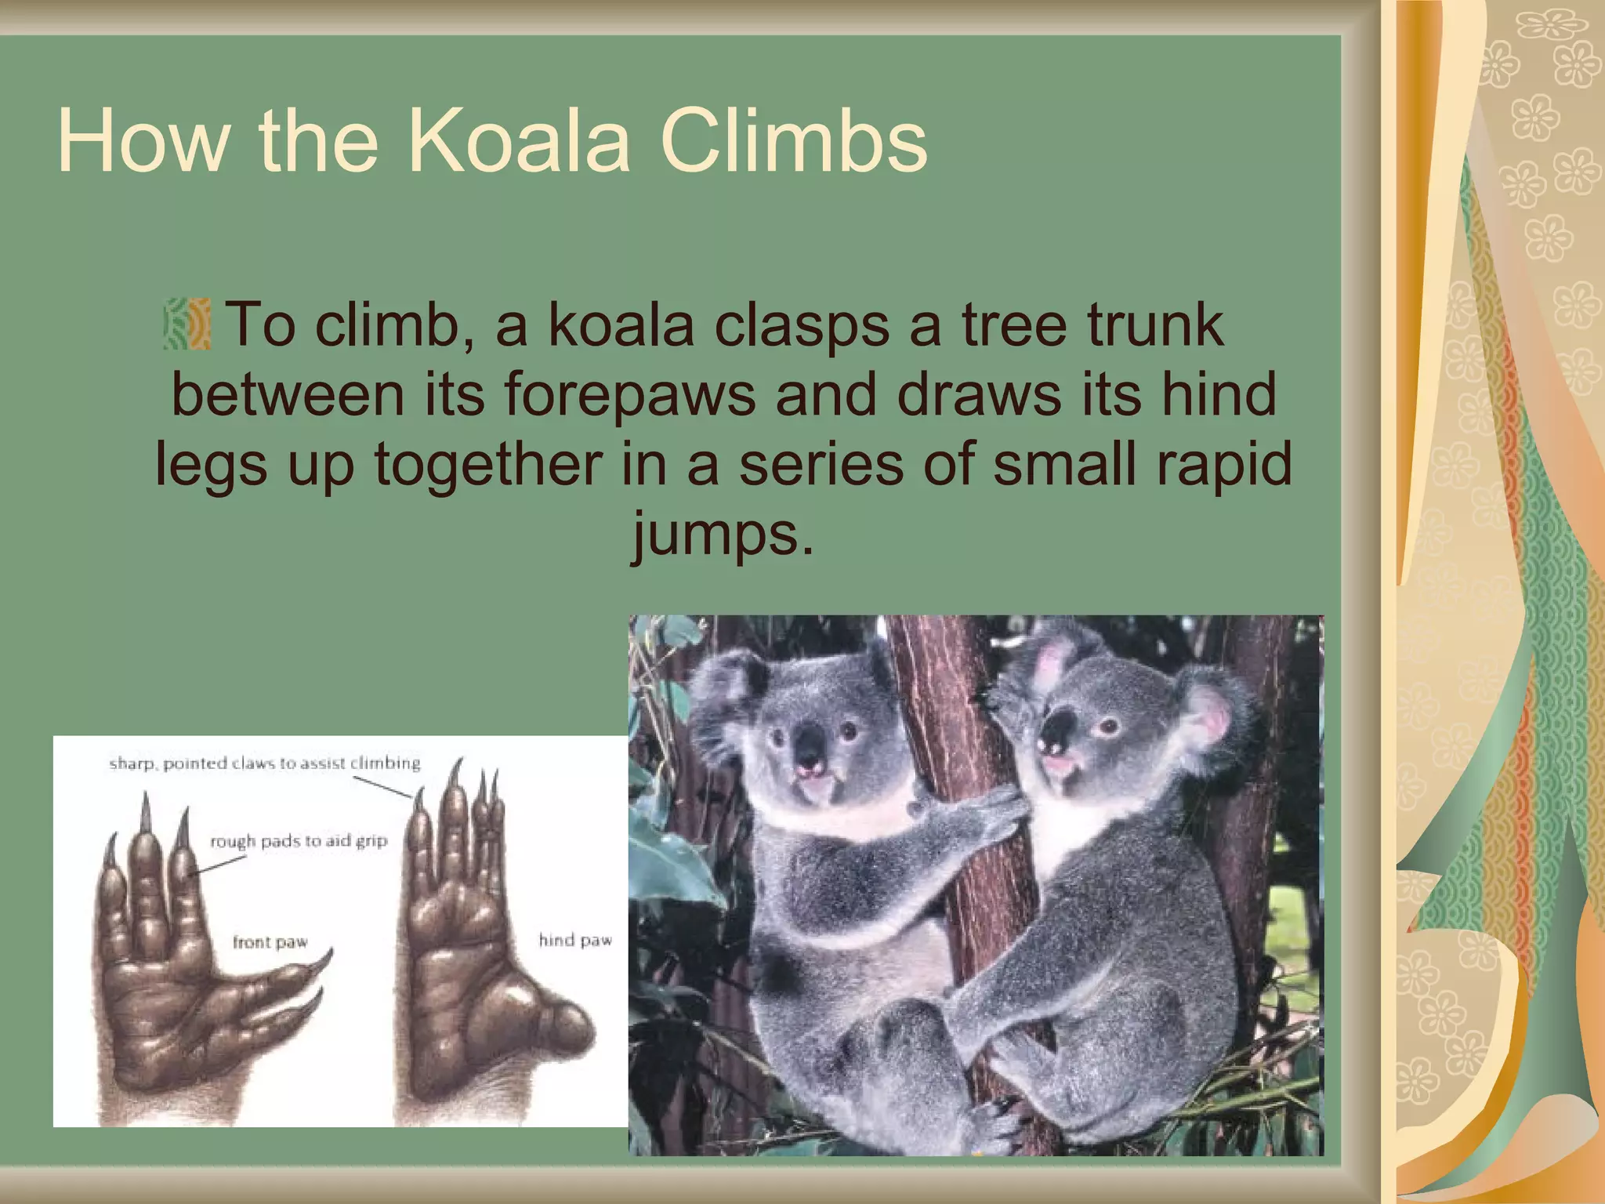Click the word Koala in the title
[519, 141]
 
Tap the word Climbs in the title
[793, 141]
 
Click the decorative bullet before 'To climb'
[187, 324]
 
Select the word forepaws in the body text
[630, 394]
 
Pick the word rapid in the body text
[1223, 464]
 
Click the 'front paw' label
[270, 941]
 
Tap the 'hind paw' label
[574, 939]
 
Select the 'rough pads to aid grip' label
[298, 841]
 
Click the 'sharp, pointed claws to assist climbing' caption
[264, 763]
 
